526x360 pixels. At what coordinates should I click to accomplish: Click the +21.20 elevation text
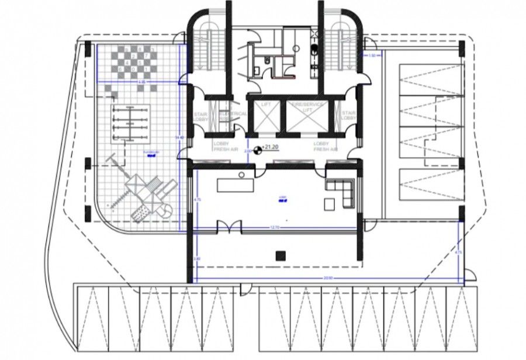point(271,148)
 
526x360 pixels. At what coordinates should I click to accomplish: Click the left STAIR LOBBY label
point(200,116)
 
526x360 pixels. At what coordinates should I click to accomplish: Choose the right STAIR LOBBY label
point(348,116)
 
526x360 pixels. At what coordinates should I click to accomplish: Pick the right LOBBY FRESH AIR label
point(325,146)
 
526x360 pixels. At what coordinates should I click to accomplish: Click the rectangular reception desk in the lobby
point(235,185)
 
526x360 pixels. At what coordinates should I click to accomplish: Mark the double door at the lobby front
point(229,226)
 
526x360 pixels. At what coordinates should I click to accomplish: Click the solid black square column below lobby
point(279,254)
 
